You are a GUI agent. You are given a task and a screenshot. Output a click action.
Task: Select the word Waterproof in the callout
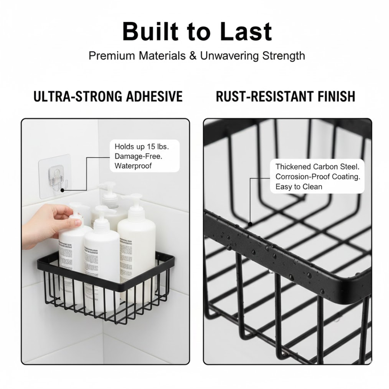133,166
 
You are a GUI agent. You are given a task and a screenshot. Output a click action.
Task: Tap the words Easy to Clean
299,187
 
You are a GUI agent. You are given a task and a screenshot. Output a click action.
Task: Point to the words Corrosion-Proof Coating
318,177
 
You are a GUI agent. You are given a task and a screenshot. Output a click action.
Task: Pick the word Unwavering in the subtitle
229,56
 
